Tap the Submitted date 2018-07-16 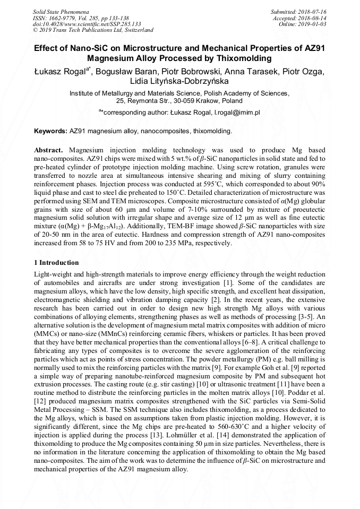(313, 11)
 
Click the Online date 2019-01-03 (314, 24)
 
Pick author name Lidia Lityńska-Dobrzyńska (179, 82)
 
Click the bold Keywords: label (51, 131)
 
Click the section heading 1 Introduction (56, 263)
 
